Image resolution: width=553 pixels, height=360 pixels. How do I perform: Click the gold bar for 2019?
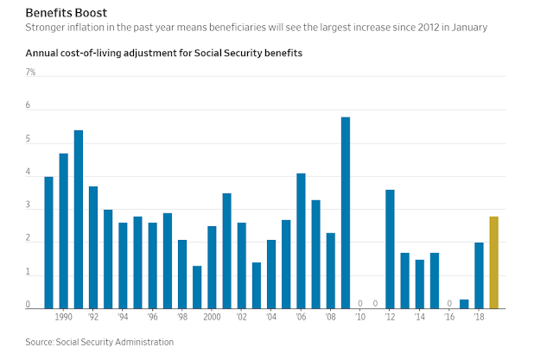(494, 262)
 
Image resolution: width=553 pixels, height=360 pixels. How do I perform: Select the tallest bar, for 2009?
(346, 212)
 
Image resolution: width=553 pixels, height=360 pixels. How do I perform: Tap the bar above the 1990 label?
(63, 231)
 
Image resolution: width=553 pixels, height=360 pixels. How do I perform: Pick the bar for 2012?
(390, 249)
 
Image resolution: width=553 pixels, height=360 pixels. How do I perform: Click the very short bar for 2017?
(464, 303)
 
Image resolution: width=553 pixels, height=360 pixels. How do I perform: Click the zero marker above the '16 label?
(449, 303)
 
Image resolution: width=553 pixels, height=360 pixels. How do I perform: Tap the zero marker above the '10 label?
(360, 303)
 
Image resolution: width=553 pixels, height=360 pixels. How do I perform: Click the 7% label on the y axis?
(30, 73)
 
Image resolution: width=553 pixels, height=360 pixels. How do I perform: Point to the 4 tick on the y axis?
(28, 173)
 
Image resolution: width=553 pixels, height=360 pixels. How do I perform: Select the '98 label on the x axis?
(182, 318)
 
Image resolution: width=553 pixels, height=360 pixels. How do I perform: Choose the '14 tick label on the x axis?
(419, 318)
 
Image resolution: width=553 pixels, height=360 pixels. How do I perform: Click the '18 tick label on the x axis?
(479, 318)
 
